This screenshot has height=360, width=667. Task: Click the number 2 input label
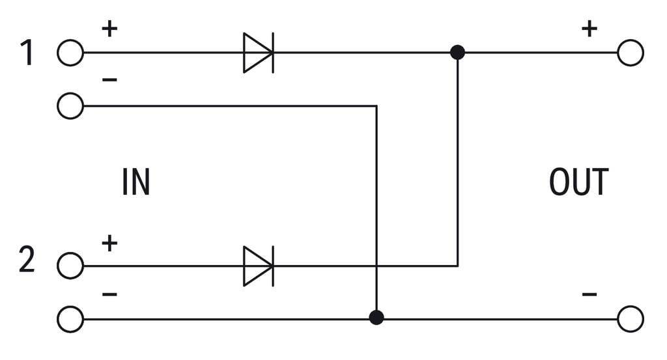(x=27, y=260)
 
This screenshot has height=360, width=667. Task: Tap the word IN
(x=135, y=182)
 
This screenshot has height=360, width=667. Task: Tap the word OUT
(x=578, y=182)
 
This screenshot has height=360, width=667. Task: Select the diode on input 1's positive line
(x=258, y=53)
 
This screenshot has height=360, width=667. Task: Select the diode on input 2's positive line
(x=258, y=266)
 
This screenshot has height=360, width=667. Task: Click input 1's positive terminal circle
(x=70, y=53)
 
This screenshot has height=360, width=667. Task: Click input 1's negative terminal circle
(x=70, y=105)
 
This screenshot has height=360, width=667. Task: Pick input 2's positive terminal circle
(x=70, y=266)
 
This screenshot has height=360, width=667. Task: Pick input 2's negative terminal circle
(x=70, y=319)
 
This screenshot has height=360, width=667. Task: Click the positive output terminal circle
(x=630, y=53)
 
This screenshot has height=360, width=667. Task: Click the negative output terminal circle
(x=630, y=319)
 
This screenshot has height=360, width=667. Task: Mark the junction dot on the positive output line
(x=458, y=53)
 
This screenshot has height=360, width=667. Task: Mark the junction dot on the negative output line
(x=376, y=318)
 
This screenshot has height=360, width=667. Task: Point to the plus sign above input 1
(x=109, y=29)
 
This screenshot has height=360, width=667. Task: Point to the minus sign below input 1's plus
(x=109, y=80)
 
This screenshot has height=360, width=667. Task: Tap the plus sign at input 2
(x=109, y=243)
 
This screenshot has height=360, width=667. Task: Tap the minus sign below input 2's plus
(x=109, y=295)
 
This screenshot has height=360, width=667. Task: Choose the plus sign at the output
(x=589, y=29)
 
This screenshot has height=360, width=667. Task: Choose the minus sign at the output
(x=589, y=295)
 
